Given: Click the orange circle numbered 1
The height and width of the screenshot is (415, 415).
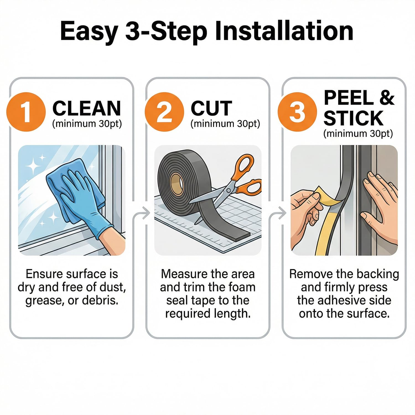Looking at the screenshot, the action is point(26,112).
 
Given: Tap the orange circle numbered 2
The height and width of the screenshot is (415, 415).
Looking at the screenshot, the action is point(164,112).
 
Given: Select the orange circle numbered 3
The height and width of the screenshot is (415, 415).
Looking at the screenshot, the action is point(297,112).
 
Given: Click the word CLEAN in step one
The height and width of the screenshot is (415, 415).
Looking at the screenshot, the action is point(87,108).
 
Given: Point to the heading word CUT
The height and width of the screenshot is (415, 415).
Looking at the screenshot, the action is point(211,108).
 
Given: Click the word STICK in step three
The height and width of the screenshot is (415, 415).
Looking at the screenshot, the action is point(353,118).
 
